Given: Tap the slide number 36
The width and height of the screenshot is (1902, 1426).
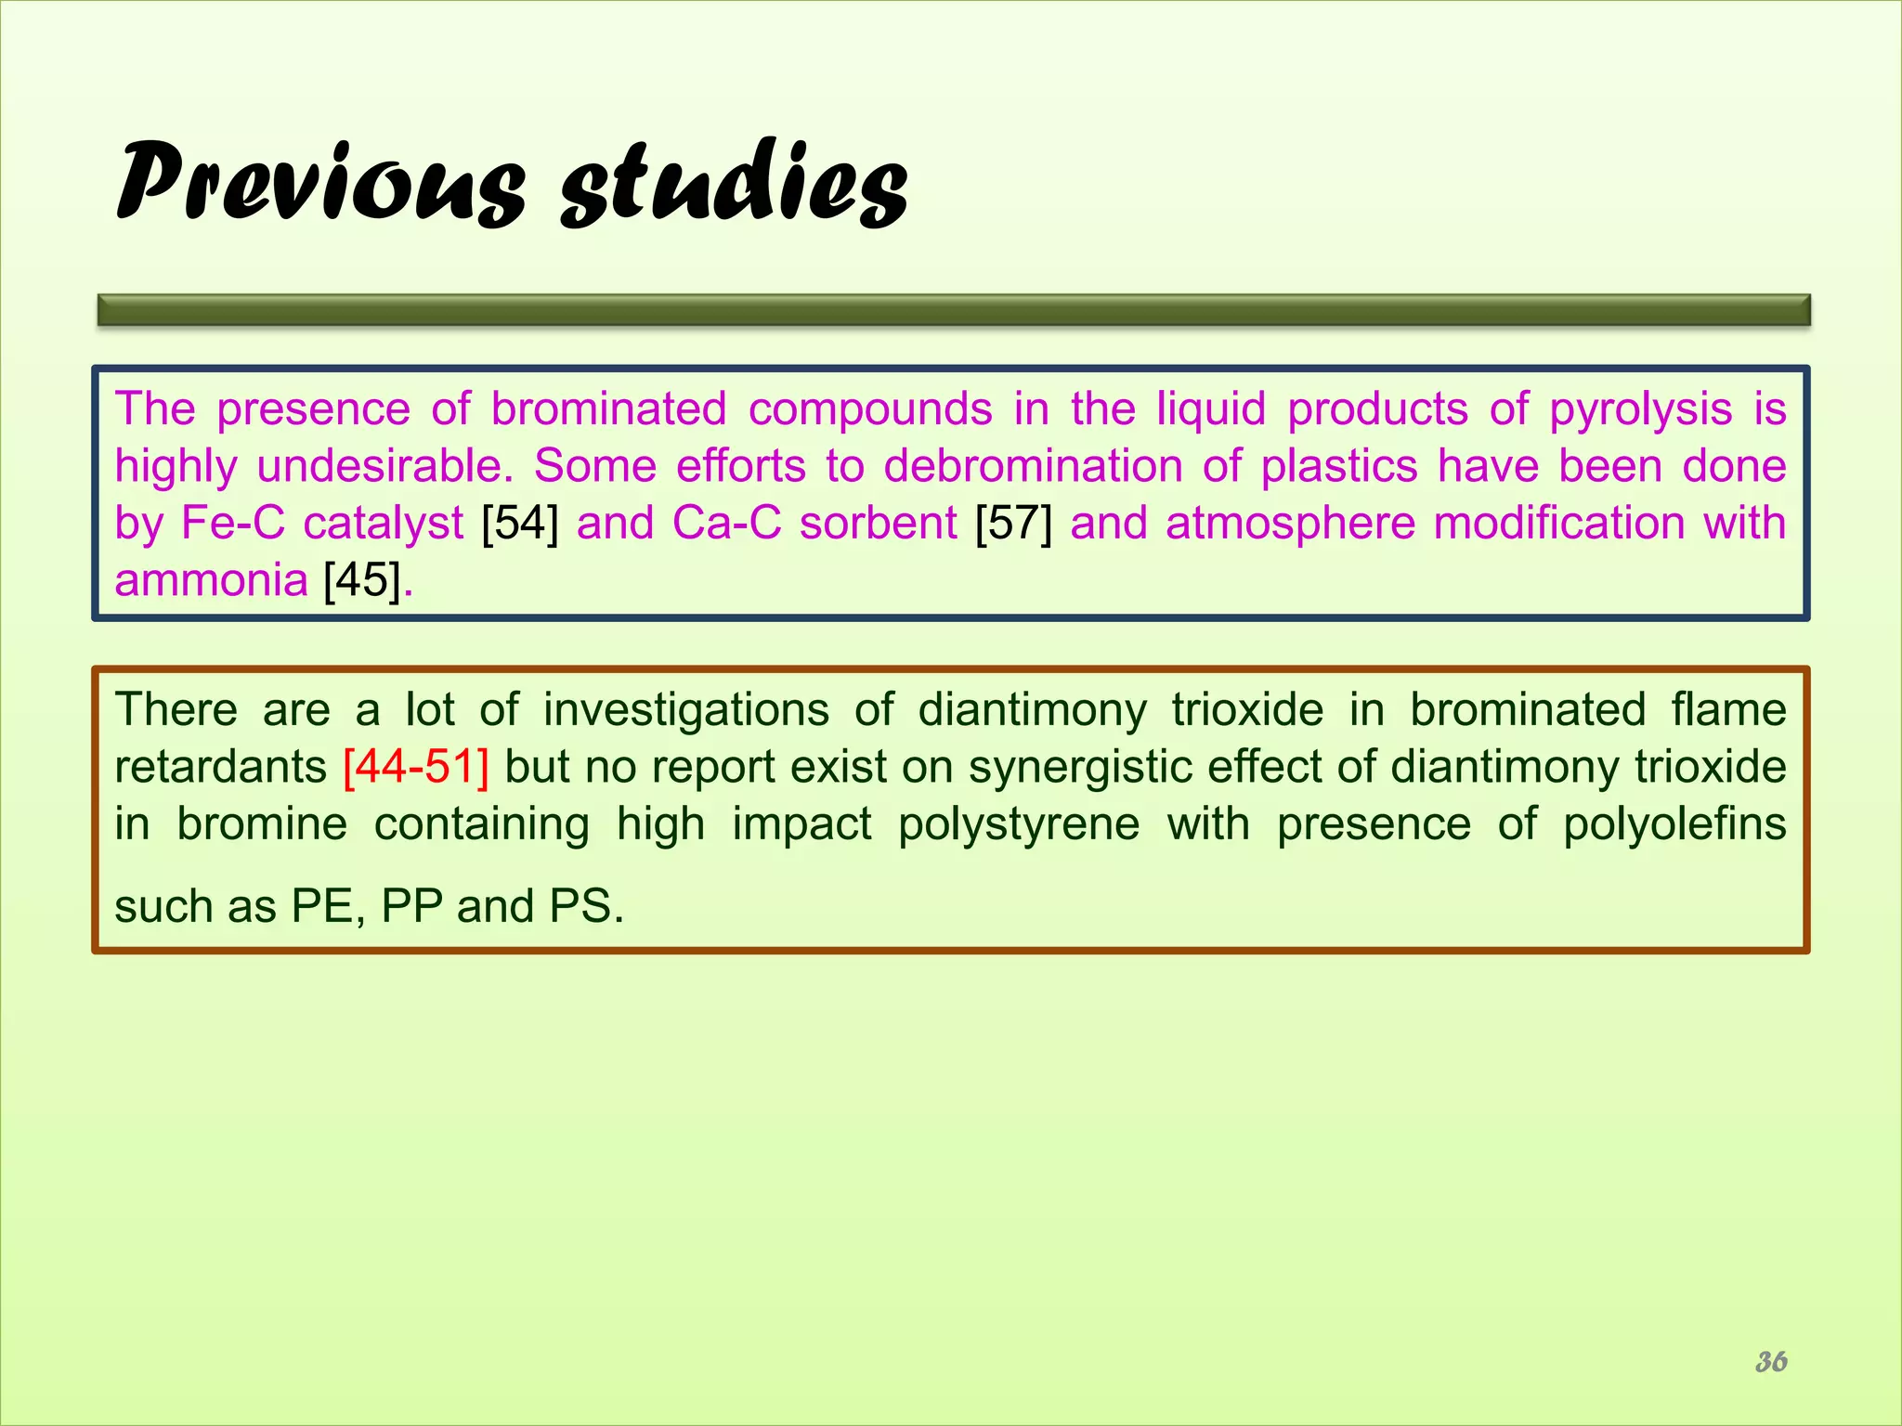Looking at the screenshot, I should [1771, 1361].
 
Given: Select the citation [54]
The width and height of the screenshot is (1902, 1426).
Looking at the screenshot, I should [520, 524].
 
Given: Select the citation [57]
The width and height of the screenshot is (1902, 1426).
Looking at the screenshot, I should [1013, 524].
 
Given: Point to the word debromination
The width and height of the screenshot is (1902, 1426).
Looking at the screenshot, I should [1033, 467].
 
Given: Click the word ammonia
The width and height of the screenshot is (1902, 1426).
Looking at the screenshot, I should [211, 581].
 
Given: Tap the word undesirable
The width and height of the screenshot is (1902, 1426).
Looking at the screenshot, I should [384, 467].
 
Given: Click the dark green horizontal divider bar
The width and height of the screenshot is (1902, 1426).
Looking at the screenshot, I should [954, 310].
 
